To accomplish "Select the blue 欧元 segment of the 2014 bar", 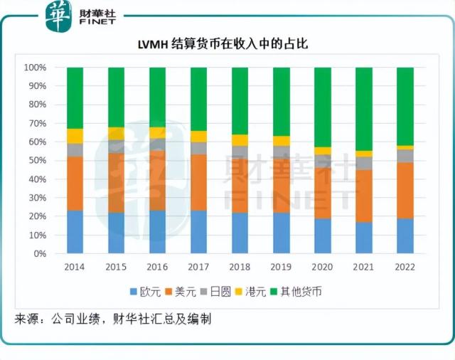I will (75, 231).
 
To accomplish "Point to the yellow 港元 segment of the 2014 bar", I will (75, 136).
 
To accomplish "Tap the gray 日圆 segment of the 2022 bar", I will (405, 156).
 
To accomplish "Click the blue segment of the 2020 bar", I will (323, 235).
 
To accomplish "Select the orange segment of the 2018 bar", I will (240, 184).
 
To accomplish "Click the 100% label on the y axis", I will (36, 68).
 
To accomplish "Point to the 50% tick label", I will (38, 161).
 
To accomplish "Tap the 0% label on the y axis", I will (41, 253).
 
